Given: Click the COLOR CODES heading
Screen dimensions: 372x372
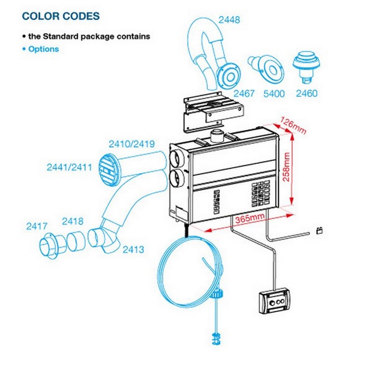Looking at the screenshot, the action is (x=61, y=16).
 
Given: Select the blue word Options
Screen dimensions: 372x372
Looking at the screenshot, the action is (x=44, y=49).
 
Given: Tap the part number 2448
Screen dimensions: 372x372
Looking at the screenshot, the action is (x=229, y=20).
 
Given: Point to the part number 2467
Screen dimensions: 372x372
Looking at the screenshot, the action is (x=244, y=93).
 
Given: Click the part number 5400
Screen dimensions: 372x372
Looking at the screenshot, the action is (x=274, y=94).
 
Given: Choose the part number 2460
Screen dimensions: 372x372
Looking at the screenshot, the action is (x=307, y=93).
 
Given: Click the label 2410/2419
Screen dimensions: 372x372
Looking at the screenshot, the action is (x=132, y=144).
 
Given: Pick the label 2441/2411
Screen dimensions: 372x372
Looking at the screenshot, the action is (x=69, y=167).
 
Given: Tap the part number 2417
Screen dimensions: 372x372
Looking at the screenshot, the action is (x=37, y=226).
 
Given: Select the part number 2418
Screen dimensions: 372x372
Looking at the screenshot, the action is (x=73, y=221).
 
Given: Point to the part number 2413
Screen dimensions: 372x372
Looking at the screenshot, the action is (x=133, y=249).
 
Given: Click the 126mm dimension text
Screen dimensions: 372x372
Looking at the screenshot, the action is (x=293, y=125).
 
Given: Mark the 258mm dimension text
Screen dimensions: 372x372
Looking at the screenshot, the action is (x=286, y=167).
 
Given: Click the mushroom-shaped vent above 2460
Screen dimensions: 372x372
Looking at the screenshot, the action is (x=306, y=67).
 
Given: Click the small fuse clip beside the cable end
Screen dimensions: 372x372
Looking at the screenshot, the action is (x=320, y=230).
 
